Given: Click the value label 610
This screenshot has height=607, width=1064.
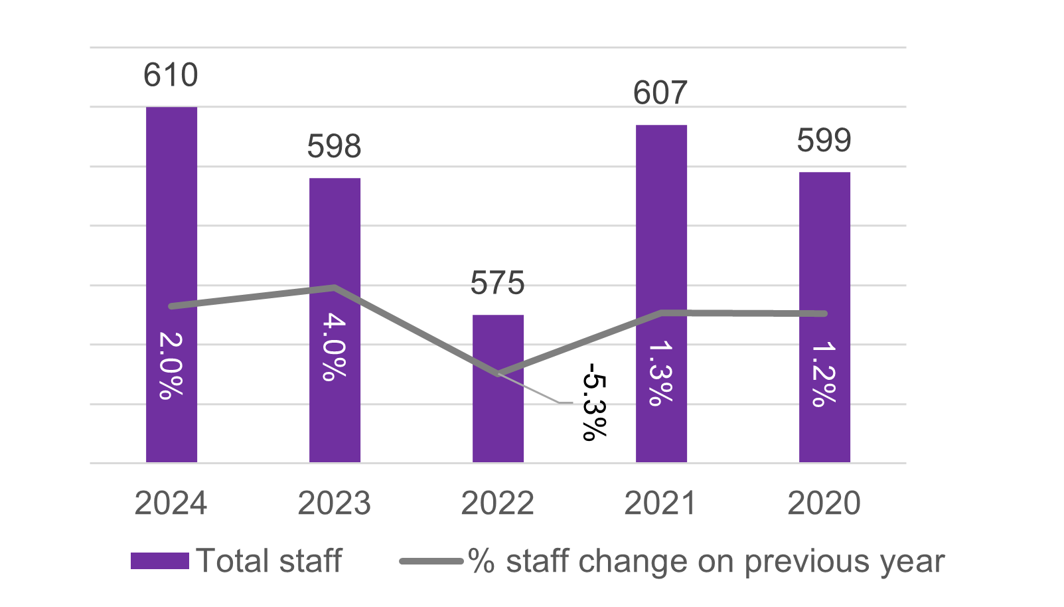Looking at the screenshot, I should click(x=171, y=75).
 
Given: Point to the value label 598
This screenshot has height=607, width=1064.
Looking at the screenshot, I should click(x=334, y=146).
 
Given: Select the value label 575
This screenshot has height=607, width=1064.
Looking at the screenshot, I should click(x=498, y=284).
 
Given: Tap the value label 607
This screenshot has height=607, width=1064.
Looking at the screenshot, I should click(x=660, y=93).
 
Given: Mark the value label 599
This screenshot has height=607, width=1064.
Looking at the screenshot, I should click(x=824, y=140).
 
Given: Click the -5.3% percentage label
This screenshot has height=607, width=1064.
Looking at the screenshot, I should click(x=593, y=401).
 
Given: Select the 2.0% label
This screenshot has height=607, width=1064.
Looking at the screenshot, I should click(x=171, y=365).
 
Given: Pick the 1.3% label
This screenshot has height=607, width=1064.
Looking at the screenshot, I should click(x=660, y=373).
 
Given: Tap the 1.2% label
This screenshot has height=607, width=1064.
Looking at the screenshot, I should click(x=824, y=373).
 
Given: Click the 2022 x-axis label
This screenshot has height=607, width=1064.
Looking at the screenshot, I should click(x=498, y=503).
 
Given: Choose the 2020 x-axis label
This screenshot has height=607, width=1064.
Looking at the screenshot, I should click(x=824, y=503).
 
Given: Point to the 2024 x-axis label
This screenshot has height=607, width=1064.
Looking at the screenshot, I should click(x=171, y=503).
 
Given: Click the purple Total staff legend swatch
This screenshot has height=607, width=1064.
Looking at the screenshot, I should click(x=160, y=561).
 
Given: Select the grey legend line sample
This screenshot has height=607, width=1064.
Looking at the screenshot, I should click(x=431, y=561).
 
